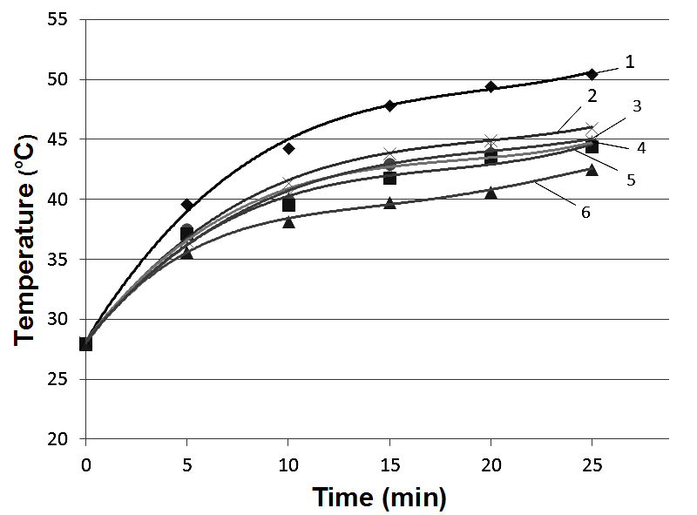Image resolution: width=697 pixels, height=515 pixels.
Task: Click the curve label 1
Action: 630,62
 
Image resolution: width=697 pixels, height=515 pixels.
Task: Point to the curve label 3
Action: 637,106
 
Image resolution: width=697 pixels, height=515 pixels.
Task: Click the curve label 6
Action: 586,211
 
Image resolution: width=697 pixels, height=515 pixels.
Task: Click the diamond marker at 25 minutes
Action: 592,74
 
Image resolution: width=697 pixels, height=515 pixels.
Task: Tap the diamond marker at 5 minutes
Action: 186,205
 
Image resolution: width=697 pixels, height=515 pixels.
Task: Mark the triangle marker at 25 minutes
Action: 592,170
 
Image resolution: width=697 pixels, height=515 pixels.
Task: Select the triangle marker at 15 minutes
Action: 389,203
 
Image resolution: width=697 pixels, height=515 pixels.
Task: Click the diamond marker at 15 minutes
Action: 389,105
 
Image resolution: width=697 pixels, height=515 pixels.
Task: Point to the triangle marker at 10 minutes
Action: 288,221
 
